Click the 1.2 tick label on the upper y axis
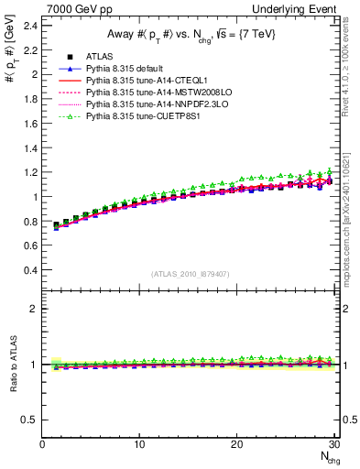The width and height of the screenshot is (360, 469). pyautogui.click(x=29, y=172)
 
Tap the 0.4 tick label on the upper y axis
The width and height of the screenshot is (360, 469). pyautogui.click(x=29, y=270)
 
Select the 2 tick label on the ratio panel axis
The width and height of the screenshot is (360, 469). pyautogui.click(x=35, y=309)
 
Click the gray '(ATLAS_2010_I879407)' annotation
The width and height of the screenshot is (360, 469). pyautogui.click(x=191, y=274)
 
